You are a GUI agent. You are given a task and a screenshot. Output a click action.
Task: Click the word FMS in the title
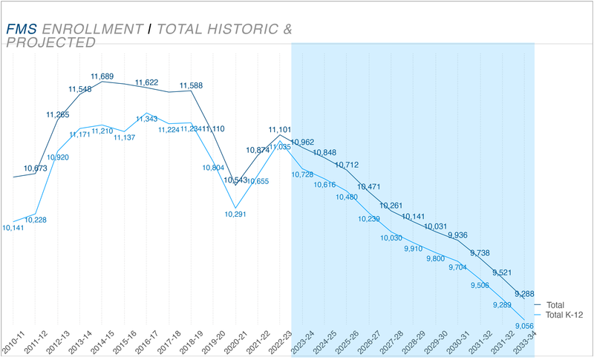click(x=22, y=29)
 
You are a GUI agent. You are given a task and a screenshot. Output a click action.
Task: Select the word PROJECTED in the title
click(x=50, y=42)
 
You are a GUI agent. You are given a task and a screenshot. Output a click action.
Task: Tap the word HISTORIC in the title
click(x=241, y=29)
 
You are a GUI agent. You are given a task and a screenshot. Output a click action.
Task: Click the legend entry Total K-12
click(x=564, y=315)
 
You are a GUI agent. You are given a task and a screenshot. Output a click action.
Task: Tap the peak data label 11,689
click(x=102, y=76)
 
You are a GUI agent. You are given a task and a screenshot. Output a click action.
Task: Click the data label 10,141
click(x=13, y=228)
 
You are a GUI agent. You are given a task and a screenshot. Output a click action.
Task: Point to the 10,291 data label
click(x=235, y=214)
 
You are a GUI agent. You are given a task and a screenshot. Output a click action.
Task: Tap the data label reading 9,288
click(x=525, y=294)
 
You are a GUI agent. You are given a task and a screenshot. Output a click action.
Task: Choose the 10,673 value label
click(x=36, y=168)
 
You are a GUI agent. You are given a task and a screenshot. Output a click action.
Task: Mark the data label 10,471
click(x=370, y=187)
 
